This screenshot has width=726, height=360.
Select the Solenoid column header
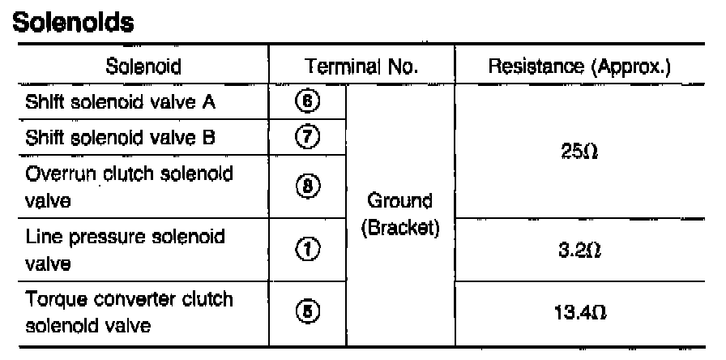pos(143,65)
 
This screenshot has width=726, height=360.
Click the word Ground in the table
pos(400,200)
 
